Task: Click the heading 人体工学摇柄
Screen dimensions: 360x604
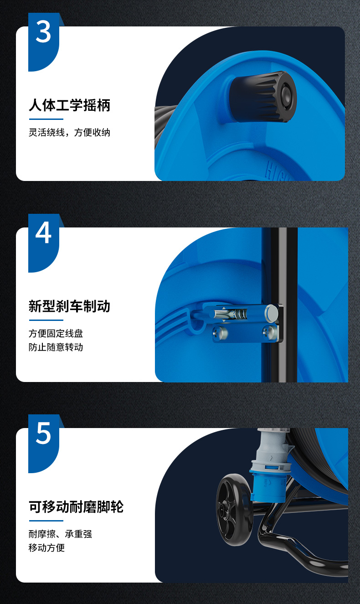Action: (x=70, y=105)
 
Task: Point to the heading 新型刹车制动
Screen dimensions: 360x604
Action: (x=70, y=306)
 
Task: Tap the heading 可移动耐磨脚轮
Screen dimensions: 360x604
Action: (x=76, y=507)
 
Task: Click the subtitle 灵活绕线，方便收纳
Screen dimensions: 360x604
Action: (x=70, y=132)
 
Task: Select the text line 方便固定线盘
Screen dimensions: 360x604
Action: (x=56, y=334)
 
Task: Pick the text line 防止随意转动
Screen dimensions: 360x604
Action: (x=56, y=347)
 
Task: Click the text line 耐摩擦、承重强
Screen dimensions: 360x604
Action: (x=60, y=534)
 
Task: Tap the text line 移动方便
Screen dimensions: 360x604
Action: (x=46, y=547)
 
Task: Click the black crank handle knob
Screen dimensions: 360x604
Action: (x=263, y=97)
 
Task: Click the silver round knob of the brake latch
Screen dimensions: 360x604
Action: (x=272, y=313)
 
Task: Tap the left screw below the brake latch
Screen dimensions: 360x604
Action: (x=220, y=333)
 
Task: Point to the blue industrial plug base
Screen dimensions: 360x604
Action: (x=267, y=485)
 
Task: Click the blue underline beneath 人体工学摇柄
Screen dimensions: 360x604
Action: (x=46, y=119)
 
